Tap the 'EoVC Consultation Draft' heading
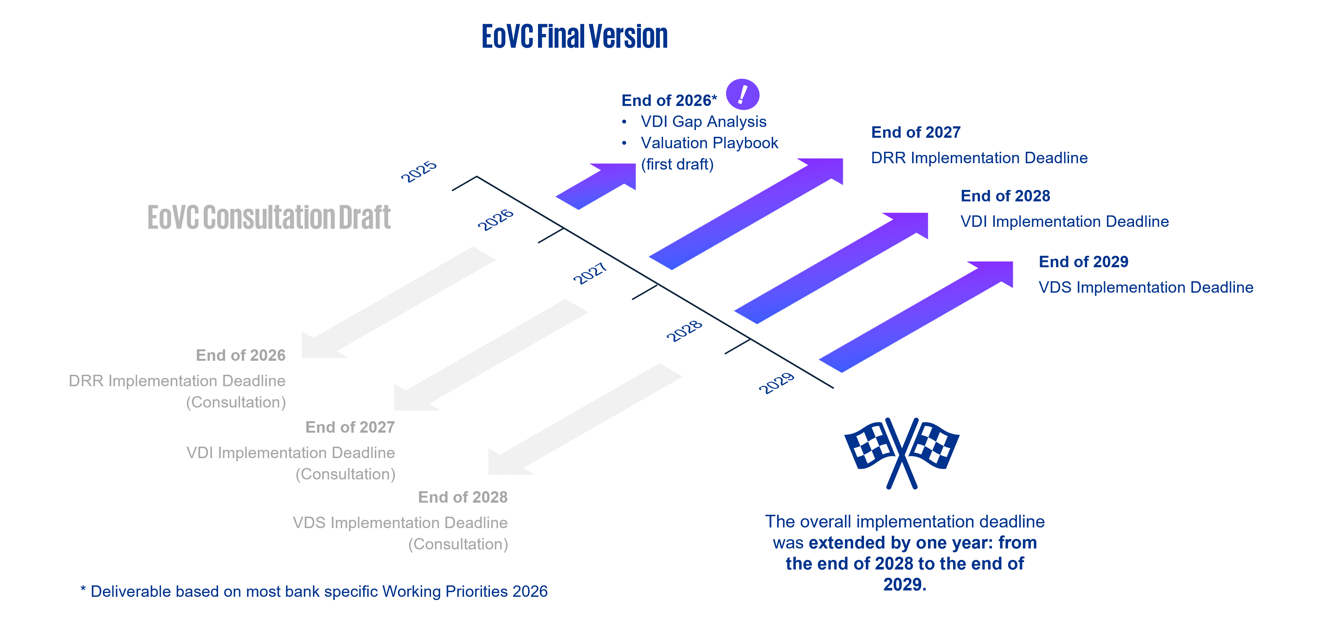coord(269,218)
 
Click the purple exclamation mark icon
coord(742,94)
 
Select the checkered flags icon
coord(902,452)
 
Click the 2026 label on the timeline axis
coord(495,220)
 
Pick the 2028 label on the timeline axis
coord(684,331)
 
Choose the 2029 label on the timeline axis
coord(777,383)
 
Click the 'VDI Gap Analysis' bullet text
coord(703,122)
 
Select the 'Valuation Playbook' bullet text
coord(709,143)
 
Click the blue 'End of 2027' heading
coord(916,133)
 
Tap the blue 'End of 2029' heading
coord(1083,262)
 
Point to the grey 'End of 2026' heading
coord(241,355)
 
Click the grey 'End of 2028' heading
coord(462,497)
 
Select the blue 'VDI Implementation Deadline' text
coord(1064,221)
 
